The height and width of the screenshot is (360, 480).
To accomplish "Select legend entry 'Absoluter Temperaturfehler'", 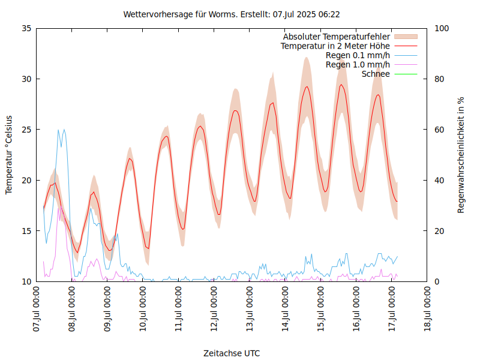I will click(336, 37).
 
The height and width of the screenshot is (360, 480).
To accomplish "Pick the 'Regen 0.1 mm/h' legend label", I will click(358, 55).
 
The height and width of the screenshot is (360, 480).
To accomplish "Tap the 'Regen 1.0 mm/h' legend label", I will click(358, 65).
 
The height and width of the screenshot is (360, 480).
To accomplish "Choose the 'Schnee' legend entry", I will click(376, 74).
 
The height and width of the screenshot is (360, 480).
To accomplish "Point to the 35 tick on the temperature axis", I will click(26, 28).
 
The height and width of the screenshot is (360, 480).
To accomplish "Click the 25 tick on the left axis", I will click(26, 130).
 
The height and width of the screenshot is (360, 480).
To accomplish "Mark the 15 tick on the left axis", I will click(26, 231).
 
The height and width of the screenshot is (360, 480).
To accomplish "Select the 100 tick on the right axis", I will click(442, 28).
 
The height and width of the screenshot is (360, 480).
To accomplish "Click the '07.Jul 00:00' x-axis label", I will click(38, 310).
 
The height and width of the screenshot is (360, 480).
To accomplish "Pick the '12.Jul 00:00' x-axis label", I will click(215, 310).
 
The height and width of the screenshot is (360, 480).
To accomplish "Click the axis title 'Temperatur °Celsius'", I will click(9, 155).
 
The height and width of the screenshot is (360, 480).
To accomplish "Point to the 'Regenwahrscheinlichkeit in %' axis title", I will click(461, 155).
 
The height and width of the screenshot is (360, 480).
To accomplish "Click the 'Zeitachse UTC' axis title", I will click(232, 353).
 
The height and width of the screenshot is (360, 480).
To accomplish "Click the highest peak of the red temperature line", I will click(341, 85).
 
